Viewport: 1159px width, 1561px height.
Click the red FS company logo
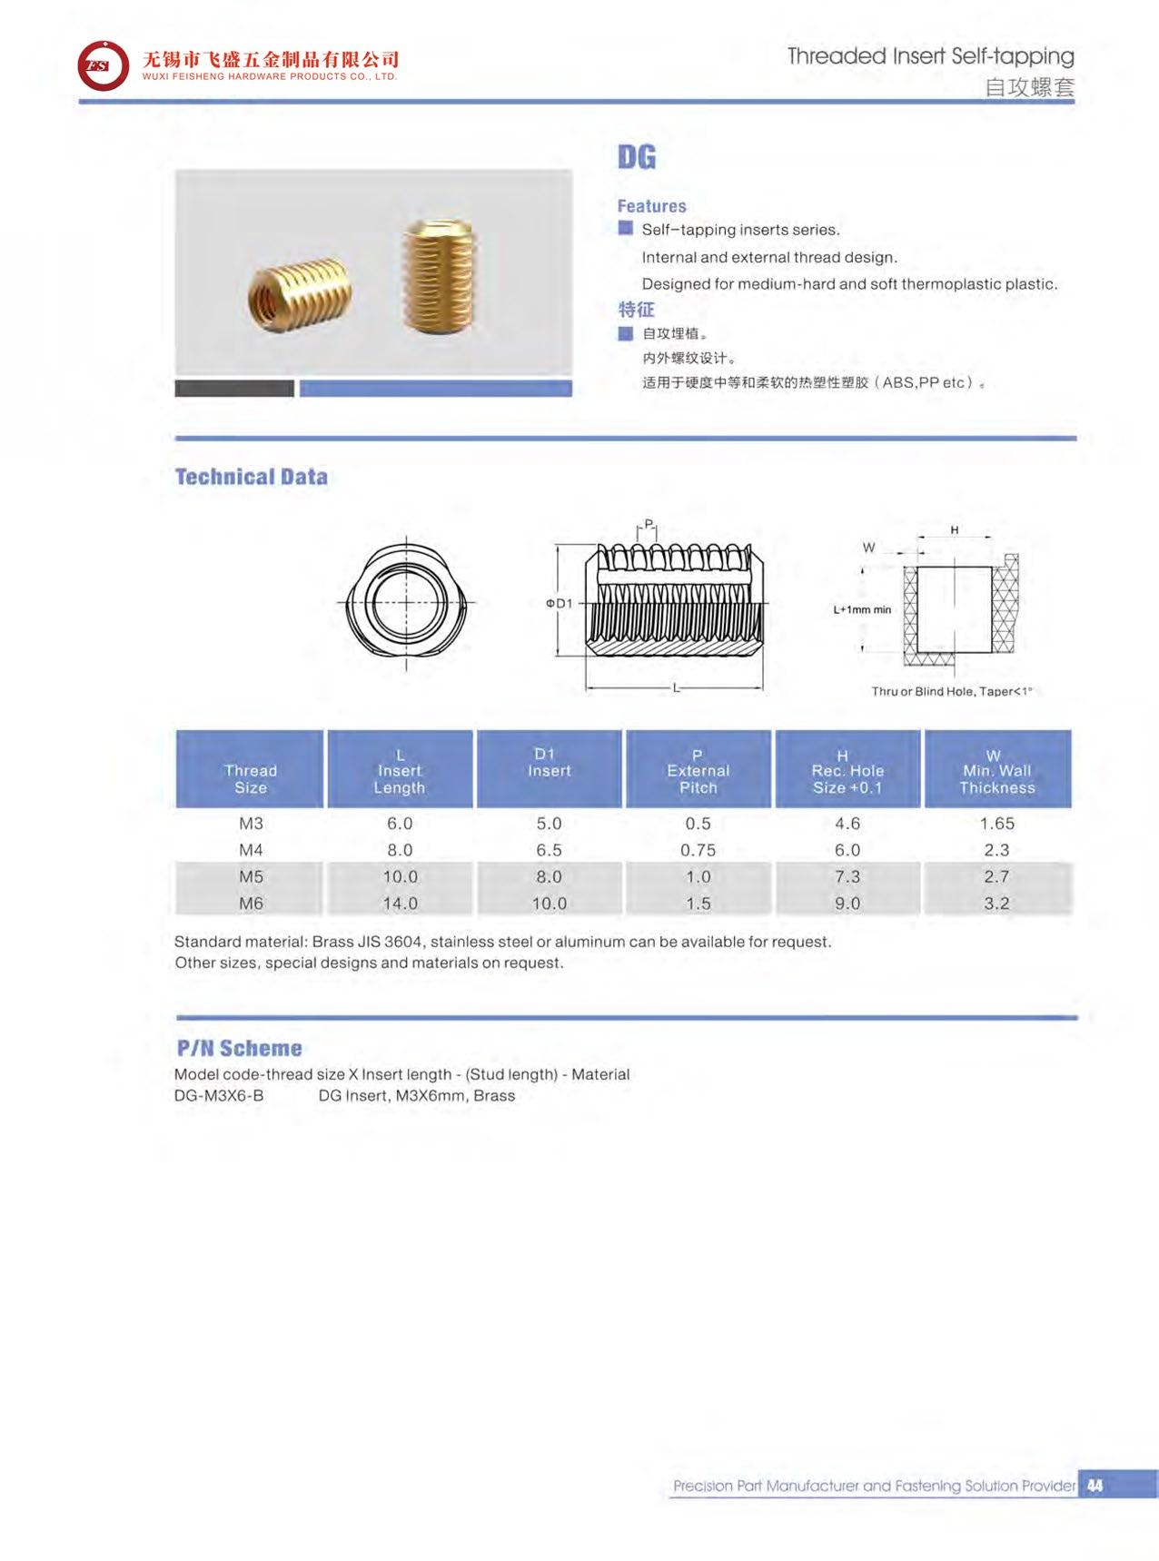(x=103, y=66)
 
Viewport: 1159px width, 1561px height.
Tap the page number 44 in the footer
(x=1095, y=1485)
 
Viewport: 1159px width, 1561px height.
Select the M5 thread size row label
(x=251, y=876)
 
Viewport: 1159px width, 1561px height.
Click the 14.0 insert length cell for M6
(x=400, y=904)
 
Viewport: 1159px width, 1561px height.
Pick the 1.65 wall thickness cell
(x=996, y=824)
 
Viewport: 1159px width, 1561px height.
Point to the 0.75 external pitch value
(x=698, y=850)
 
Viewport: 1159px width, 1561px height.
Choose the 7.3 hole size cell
(x=847, y=876)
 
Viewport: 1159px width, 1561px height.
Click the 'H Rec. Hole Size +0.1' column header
(x=847, y=770)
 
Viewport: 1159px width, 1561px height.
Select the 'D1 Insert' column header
(x=549, y=763)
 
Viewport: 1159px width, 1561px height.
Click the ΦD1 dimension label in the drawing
(x=559, y=603)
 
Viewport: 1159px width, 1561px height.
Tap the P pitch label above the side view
(x=648, y=524)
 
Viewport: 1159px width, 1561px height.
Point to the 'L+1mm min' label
(x=862, y=609)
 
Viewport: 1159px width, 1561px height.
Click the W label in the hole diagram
(x=868, y=548)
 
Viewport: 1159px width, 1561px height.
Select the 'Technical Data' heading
(x=251, y=477)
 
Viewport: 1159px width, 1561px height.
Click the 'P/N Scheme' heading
(x=239, y=1048)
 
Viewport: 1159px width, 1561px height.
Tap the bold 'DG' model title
(x=636, y=157)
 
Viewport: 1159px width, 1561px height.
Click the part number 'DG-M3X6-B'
(x=219, y=1095)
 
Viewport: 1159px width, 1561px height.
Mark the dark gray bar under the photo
(x=234, y=389)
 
